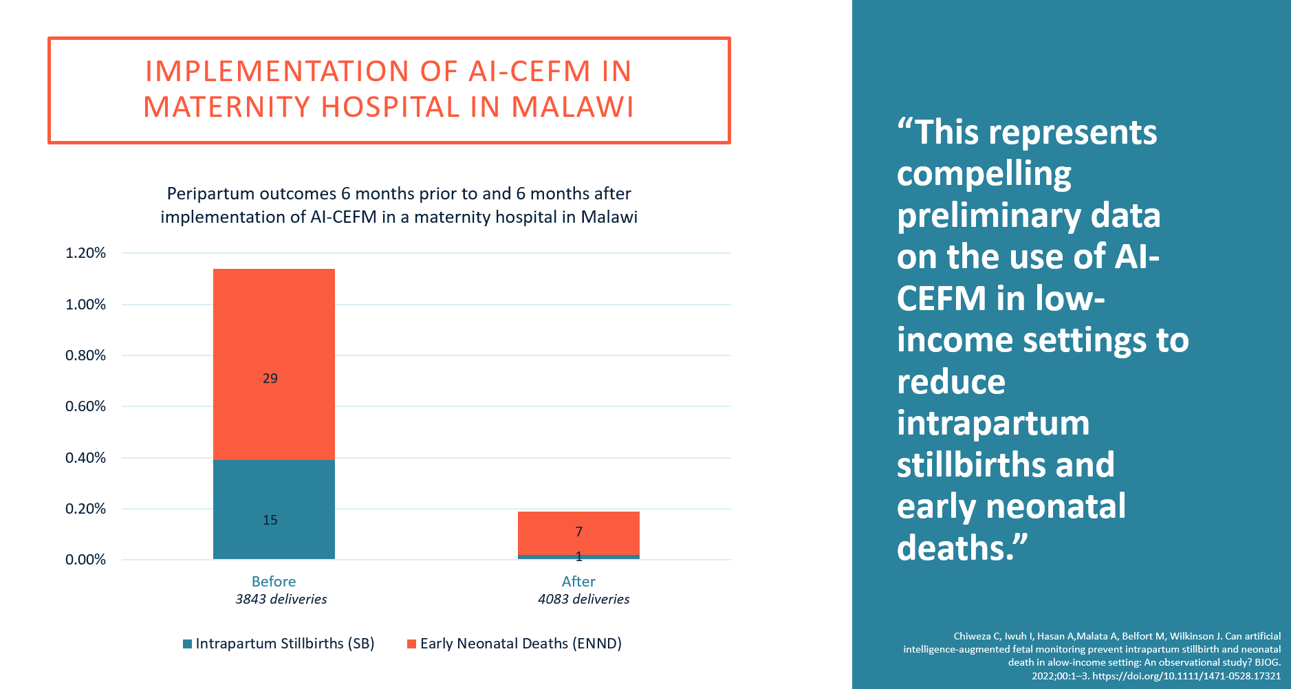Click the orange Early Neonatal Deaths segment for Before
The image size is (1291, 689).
(274, 344)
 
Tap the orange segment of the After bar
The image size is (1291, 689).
(578, 533)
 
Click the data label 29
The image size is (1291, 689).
(270, 378)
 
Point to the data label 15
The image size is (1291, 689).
(270, 520)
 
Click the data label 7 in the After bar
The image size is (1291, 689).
(579, 532)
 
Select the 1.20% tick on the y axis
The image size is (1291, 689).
(85, 253)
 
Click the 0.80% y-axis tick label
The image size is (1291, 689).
(85, 356)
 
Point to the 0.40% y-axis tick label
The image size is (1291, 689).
(85, 458)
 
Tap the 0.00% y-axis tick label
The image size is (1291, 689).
(85, 560)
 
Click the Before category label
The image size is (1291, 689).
(274, 581)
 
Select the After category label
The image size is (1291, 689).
(578, 581)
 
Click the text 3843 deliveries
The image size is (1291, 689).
(281, 599)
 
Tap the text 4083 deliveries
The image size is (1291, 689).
(584, 599)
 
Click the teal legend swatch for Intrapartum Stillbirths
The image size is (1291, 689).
(187, 644)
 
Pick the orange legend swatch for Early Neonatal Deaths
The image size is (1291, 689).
(411, 644)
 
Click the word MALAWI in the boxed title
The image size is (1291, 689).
(572, 107)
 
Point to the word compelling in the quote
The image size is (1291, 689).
(984, 174)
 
